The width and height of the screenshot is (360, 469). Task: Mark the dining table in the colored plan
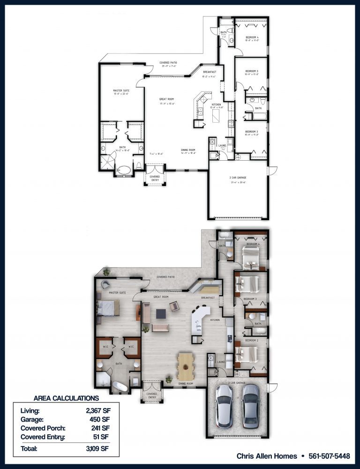tap(186, 367)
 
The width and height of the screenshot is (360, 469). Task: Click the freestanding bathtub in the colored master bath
tap(120, 387)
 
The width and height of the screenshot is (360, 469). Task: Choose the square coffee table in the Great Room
tap(162, 312)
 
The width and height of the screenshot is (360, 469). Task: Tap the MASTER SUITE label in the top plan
tap(121, 90)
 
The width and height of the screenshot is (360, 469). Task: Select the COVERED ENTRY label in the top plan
tap(154, 178)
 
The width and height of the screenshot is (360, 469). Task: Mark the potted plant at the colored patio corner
tap(107, 272)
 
